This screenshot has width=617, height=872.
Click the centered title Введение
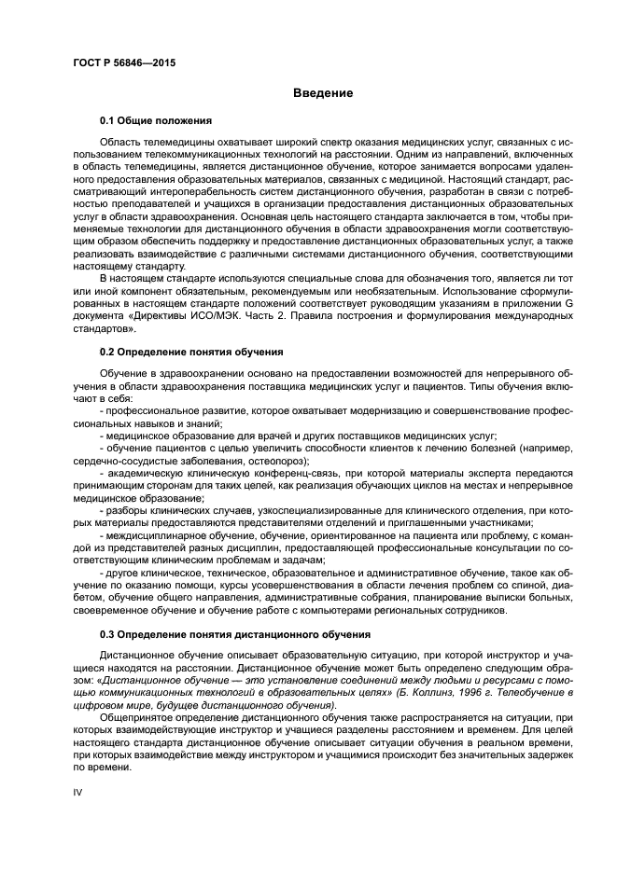pyautogui.click(x=323, y=93)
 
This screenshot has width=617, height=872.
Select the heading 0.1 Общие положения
pyautogui.click(x=156, y=121)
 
